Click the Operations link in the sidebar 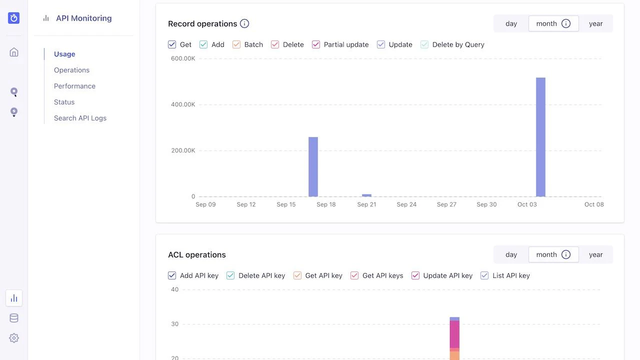click(71, 70)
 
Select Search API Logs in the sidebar click(80, 118)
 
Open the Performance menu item click(74, 86)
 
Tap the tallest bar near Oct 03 click(540, 137)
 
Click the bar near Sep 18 click(313, 166)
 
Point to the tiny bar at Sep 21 click(366, 195)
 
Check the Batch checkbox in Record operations click(237, 44)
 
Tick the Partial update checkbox click(316, 44)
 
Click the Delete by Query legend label click(458, 44)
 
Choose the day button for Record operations click(511, 23)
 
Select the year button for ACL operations click(595, 254)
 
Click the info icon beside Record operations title click(244, 23)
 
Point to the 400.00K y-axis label click(183, 104)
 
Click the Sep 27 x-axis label click(446, 204)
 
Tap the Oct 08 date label click(594, 204)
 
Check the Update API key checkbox click(415, 275)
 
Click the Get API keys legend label click(382, 275)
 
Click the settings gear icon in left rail click(14, 338)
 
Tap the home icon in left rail click(14, 52)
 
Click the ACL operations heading click(197, 254)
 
